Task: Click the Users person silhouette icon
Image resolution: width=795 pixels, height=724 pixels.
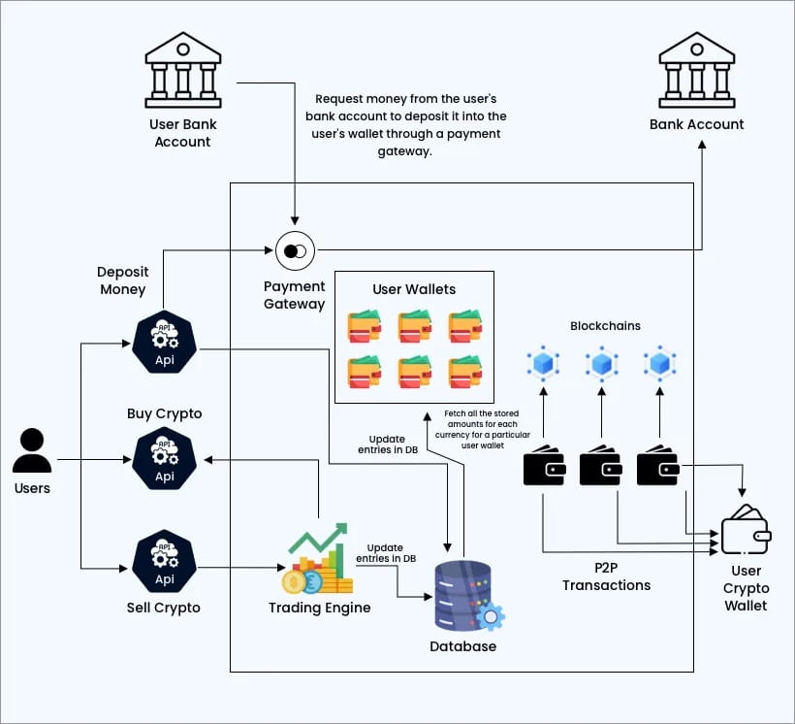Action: pyautogui.click(x=32, y=451)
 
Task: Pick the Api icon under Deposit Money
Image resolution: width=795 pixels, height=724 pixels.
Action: pyautogui.click(x=164, y=342)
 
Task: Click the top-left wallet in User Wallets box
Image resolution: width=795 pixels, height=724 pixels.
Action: pyautogui.click(x=365, y=327)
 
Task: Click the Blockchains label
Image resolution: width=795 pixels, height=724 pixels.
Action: pyautogui.click(x=605, y=327)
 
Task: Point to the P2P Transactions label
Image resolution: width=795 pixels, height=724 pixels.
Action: pyautogui.click(x=606, y=576)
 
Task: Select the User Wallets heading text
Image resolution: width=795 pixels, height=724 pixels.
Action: pyautogui.click(x=414, y=289)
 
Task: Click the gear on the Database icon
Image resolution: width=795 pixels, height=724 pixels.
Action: pyautogui.click(x=491, y=615)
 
